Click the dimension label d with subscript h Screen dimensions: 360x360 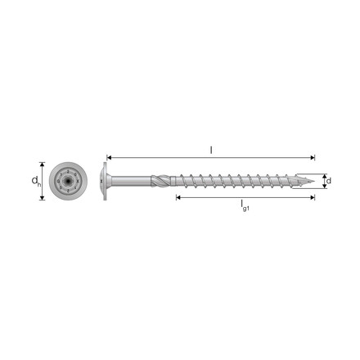(36, 182)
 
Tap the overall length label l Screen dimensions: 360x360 (211, 150)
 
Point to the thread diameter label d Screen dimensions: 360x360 (329, 181)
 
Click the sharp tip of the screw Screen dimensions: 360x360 (314, 181)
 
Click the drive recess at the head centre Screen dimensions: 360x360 (68, 181)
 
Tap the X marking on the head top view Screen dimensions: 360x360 (79, 181)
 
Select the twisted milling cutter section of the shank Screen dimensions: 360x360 (161, 181)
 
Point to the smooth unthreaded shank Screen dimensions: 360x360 (131, 181)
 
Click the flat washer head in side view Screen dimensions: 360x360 (105, 181)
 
